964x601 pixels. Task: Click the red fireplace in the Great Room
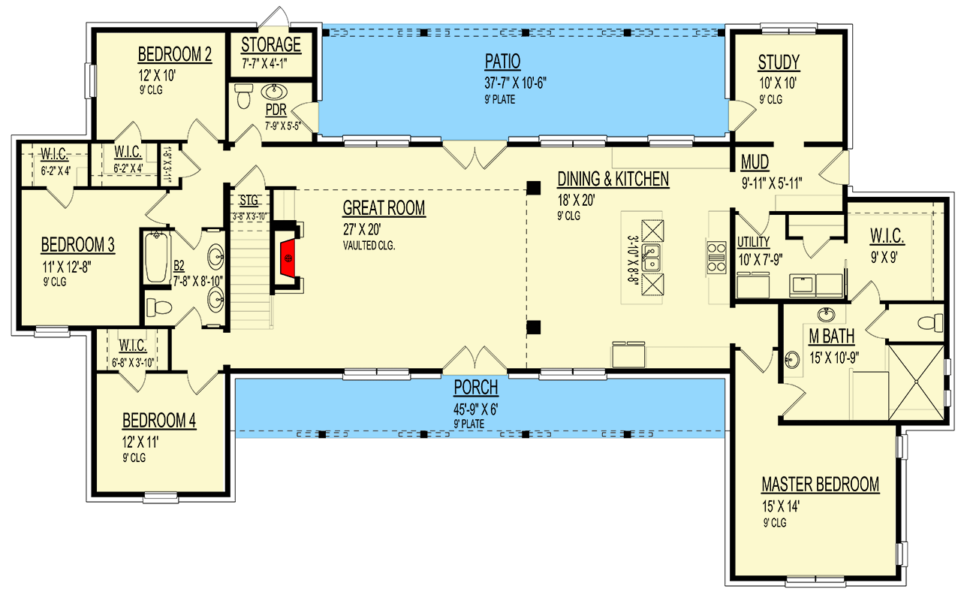(x=288, y=258)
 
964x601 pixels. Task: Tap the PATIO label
(x=503, y=62)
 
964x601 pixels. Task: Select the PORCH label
(x=476, y=388)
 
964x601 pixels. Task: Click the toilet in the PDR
(x=243, y=96)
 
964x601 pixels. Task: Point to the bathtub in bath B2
(x=156, y=258)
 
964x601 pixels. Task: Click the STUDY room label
(x=779, y=62)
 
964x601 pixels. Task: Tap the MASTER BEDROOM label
(x=821, y=485)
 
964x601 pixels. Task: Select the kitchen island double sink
(x=651, y=258)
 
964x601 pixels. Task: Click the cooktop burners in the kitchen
(x=716, y=258)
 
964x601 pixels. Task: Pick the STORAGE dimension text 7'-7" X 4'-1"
(x=264, y=64)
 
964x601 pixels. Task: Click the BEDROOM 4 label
(x=159, y=421)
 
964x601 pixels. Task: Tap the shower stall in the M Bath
(x=916, y=382)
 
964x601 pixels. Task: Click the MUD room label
(x=755, y=162)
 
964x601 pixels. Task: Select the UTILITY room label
(x=753, y=242)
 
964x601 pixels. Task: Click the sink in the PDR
(x=274, y=92)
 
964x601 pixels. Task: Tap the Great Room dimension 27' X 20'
(x=362, y=229)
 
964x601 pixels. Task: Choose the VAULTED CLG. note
(x=369, y=246)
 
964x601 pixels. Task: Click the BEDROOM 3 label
(x=78, y=245)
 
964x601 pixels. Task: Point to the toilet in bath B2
(x=159, y=307)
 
